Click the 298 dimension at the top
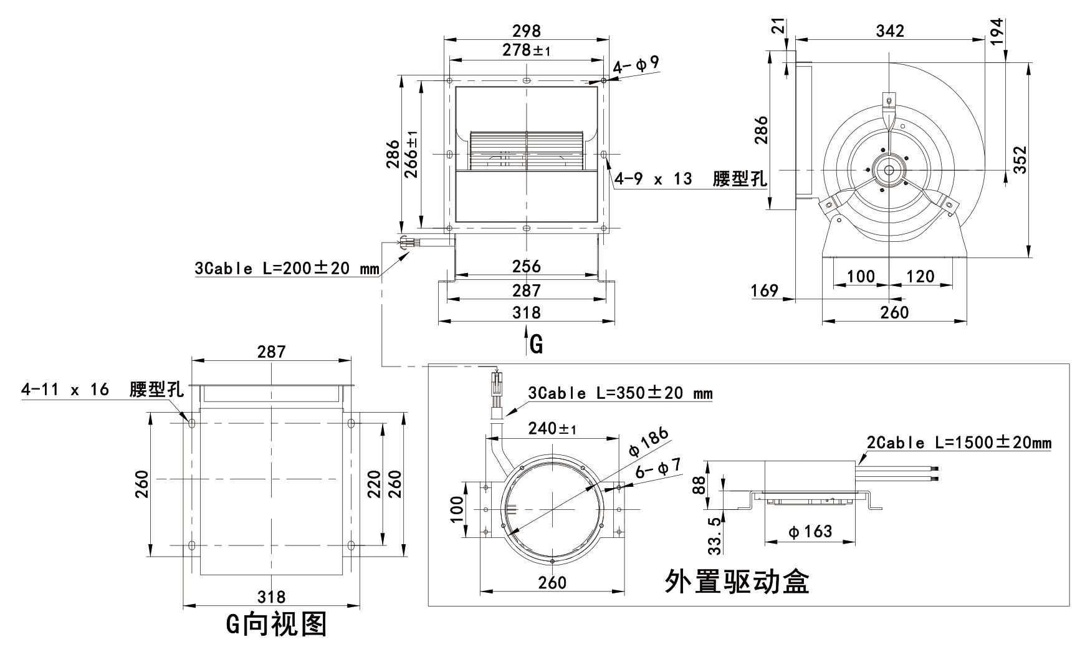pyautogui.click(x=527, y=30)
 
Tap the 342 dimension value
pyautogui.click(x=889, y=31)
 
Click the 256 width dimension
pyautogui.click(x=527, y=266)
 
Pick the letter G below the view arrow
pyautogui.click(x=536, y=343)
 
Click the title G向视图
pyautogui.click(x=276, y=625)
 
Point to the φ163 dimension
pyautogui.click(x=810, y=532)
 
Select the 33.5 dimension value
pyautogui.click(x=715, y=535)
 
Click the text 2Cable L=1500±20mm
pyautogui.click(x=959, y=443)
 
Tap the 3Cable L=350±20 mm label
pyautogui.click(x=620, y=393)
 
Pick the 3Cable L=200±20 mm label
pyautogui.click(x=287, y=269)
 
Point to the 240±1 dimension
pyautogui.click(x=552, y=429)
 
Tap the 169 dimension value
pyautogui.click(x=765, y=290)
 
